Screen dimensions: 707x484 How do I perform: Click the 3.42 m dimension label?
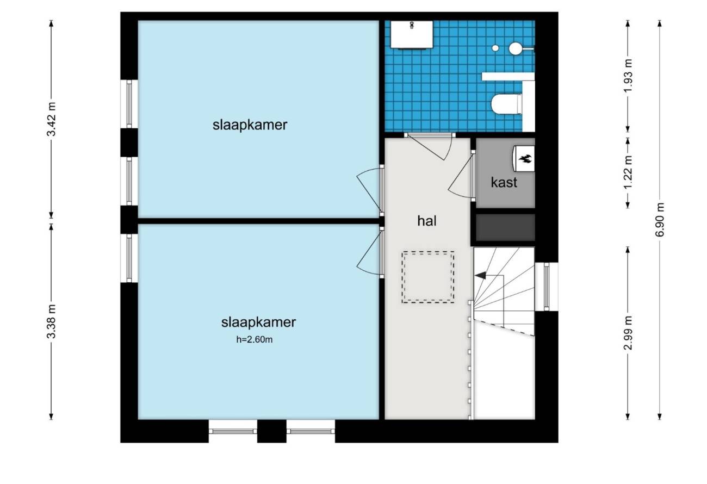[x=51, y=119]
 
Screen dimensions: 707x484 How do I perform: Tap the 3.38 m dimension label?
[x=51, y=321]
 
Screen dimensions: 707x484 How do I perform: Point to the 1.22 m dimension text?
[x=628, y=172]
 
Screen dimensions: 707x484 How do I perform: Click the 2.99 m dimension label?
[x=628, y=333]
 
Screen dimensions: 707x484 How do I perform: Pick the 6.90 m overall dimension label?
[x=660, y=220]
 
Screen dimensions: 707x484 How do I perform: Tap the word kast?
[x=504, y=182]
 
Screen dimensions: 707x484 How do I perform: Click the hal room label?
[x=427, y=221]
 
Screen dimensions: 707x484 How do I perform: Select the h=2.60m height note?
[x=255, y=339]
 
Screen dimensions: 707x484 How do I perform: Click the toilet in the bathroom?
[x=507, y=104]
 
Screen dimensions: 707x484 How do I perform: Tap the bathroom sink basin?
[x=412, y=34]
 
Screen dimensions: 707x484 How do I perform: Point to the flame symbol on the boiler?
[x=526, y=159]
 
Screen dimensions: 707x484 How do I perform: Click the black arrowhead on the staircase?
[x=480, y=275]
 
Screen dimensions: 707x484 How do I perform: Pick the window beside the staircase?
[x=547, y=287]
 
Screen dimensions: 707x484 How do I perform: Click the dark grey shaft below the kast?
[x=505, y=227]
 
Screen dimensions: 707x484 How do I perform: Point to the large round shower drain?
[x=516, y=48]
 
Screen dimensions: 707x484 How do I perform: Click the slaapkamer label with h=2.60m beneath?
[x=258, y=322]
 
